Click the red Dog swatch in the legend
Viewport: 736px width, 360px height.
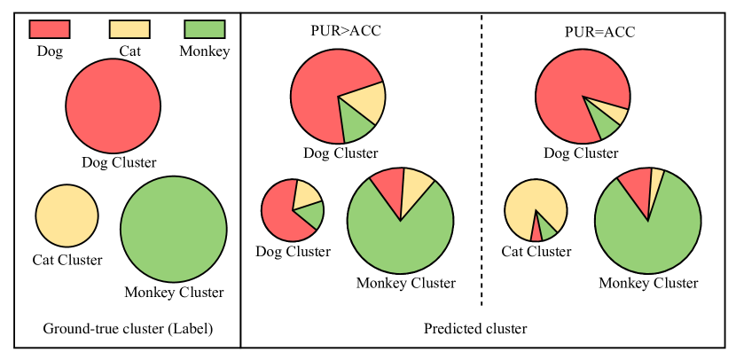[50, 29]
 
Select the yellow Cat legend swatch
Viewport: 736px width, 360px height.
[129, 29]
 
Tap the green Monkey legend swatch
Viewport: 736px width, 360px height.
[204, 29]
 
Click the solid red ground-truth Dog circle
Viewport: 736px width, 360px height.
[114, 106]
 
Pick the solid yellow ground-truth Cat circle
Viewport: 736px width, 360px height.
[67, 216]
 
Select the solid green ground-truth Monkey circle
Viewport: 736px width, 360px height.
[173, 230]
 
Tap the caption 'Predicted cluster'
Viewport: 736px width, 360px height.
[475, 329]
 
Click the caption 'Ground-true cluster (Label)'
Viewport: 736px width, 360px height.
[129, 329]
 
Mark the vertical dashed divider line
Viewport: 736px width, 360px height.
[482, 160]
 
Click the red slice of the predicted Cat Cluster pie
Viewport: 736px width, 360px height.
[536, 231]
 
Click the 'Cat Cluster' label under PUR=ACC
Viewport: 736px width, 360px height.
[536, 252]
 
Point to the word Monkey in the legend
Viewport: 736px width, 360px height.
[204, 51]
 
